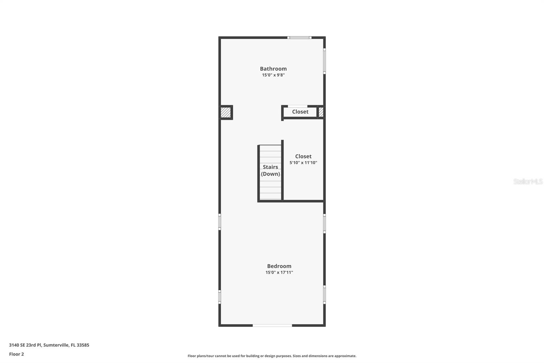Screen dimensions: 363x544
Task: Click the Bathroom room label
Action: tap(273, 69)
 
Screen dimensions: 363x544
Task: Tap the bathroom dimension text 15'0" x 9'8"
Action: tap(273, 75)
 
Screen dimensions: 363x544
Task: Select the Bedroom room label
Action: tap(279, 266)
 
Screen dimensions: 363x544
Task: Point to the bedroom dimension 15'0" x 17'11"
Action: tap(279, 272)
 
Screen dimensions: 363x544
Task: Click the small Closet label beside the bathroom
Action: tap(300, 112)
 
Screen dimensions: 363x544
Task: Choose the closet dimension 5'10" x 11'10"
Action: tap(303, 163)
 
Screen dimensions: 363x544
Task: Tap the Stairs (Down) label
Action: tap(270, 170)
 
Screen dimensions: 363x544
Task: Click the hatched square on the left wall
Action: tap(225, 112)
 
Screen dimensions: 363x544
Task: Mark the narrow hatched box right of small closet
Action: tap(321, 112)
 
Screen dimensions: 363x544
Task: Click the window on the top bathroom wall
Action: tap(299, 37)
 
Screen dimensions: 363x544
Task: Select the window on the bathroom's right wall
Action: tap(324, 61)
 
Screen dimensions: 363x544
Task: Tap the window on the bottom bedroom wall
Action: tap(272, 326)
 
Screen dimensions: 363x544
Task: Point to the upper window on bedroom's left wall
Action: tap(220, 222)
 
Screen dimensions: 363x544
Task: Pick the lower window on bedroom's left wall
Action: tap(220, 297)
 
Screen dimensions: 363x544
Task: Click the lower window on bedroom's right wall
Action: tap(324, 295)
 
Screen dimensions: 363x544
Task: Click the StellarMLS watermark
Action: tap(528, 181)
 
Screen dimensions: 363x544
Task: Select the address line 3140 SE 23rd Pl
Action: tap(49, 345)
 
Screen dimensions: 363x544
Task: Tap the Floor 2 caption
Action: tap(16, 354)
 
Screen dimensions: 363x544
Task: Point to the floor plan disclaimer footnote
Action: tap(272, 356)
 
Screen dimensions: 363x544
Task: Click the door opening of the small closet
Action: tap(297, 106)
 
